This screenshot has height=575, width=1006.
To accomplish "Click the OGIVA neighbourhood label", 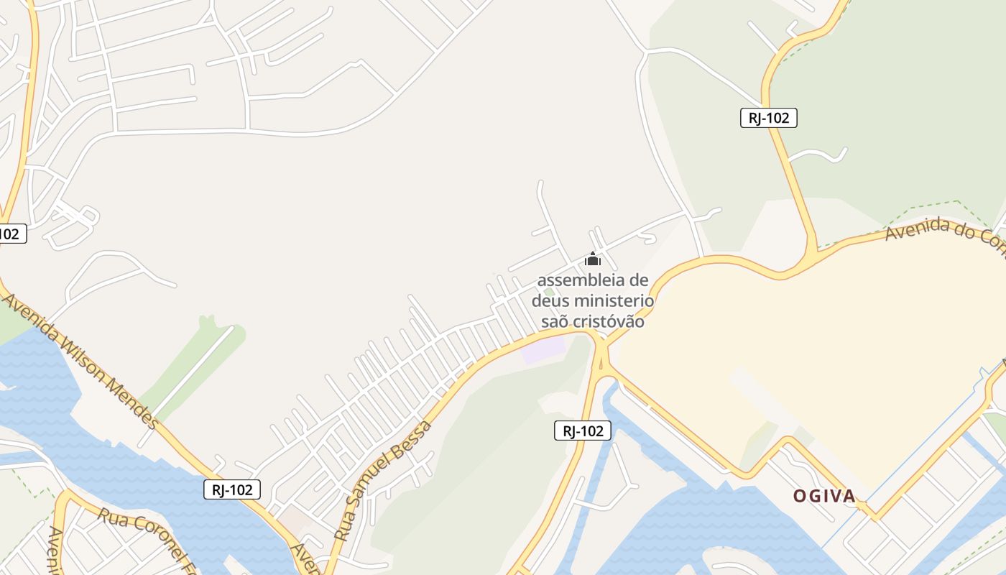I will tap(824, 496).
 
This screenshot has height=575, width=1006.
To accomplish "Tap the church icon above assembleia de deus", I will tap(592, 259).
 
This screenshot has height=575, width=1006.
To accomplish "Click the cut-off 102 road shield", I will tap(10, 234).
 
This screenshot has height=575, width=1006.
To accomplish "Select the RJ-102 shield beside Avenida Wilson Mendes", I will tap(232, 489).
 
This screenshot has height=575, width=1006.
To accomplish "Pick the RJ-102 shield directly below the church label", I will tap(583, 431).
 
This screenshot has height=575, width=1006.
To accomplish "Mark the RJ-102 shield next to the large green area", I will tap(768, 118).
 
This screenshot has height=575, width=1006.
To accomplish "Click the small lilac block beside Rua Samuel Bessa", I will tap(544, 351).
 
